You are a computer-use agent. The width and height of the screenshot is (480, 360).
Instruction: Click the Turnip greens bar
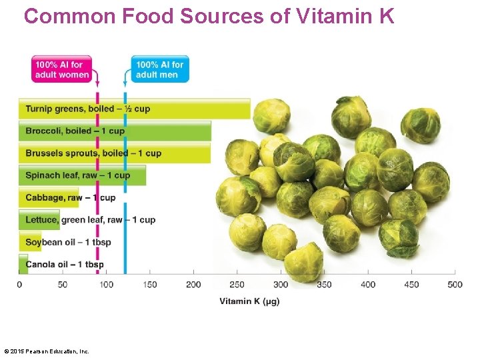click(x=133, y=109)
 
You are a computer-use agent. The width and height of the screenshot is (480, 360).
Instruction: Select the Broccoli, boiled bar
click(x=113, y=131)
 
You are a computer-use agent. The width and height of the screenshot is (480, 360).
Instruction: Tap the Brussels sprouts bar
click(x=113, y=153)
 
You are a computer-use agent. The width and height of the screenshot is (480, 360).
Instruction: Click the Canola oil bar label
click(x=65, y=265)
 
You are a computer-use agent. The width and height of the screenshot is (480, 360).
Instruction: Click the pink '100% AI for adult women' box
click(x=62, y=69)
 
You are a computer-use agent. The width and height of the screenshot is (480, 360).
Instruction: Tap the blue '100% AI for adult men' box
click(x=160, y=69)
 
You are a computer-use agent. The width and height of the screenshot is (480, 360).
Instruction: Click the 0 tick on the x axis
click(x=19, y=285)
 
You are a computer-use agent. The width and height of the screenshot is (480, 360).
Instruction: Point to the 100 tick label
click(x=107, y=285)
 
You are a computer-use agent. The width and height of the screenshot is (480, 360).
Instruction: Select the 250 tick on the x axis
click(x=237, y=285)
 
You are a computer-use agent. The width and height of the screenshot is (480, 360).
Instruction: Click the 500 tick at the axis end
click(x=455, y=285)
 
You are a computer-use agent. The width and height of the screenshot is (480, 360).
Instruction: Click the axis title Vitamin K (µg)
click(x=249, y=301)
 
